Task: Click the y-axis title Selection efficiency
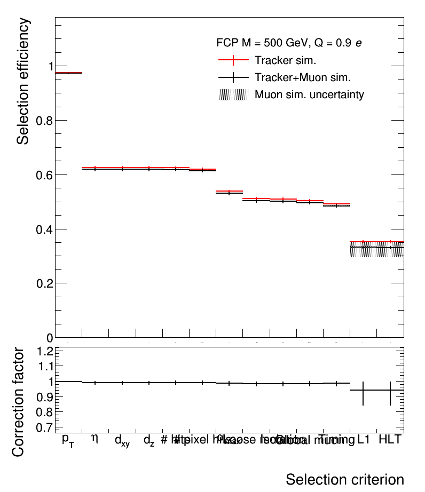[x=23, y=82]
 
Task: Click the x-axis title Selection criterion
[x=344, y=479]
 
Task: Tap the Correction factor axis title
[x=19, y=401]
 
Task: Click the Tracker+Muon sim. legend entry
[x=302, y=77]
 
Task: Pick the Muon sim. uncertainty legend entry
[x=309, y=95]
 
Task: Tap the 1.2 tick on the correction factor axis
[x=46, y=351]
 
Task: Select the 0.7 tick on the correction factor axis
[x=46, y=428]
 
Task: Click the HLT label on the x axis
[x=390, y=440]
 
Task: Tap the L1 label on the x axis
[x=364, y=440]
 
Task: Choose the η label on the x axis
[x=95, y=439]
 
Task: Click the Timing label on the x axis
[x=336, y=440]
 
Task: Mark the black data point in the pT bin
[x=68, y=73]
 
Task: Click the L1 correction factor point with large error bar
[x=363, y=390]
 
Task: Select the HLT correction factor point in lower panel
[x=390, y=390]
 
